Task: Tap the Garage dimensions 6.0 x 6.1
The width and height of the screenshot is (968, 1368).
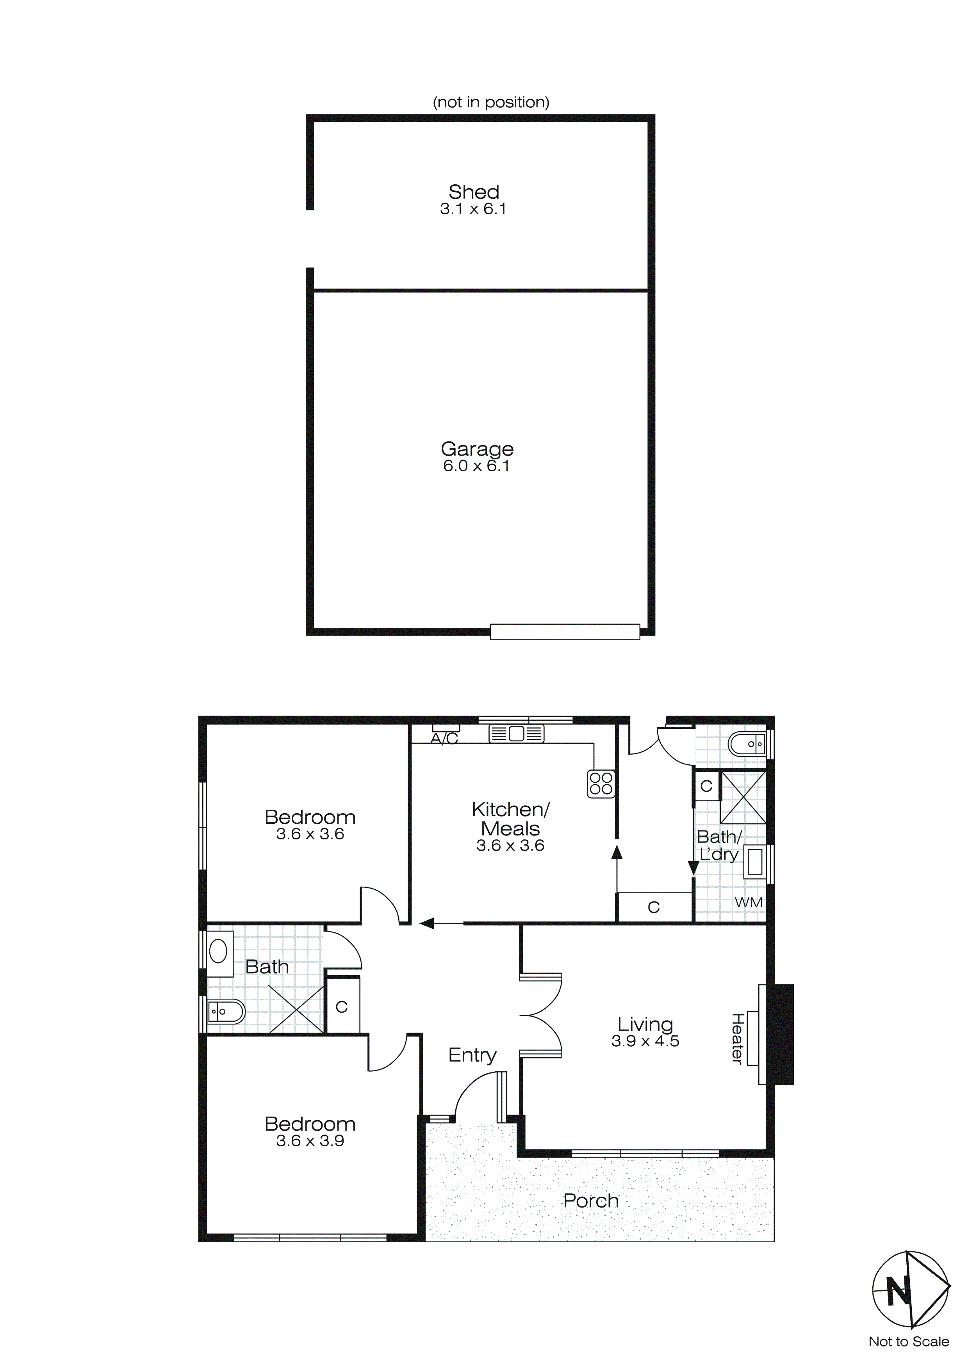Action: click(476, 466)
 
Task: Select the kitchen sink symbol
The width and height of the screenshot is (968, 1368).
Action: click(516, 734)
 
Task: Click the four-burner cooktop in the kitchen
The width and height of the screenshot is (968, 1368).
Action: click(601, 784)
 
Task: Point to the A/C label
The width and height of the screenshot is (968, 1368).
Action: click(444, 739)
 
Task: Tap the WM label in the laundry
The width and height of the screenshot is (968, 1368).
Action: click(748, 902)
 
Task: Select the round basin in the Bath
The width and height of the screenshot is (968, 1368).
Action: click(218, 951)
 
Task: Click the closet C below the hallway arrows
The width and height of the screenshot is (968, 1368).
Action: click(654, 907)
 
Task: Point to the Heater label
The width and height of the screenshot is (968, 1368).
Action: click(737, 1038)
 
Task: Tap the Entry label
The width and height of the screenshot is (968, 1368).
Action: click(472, 1055)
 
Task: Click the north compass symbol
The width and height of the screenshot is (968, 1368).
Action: click(910, 1290)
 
